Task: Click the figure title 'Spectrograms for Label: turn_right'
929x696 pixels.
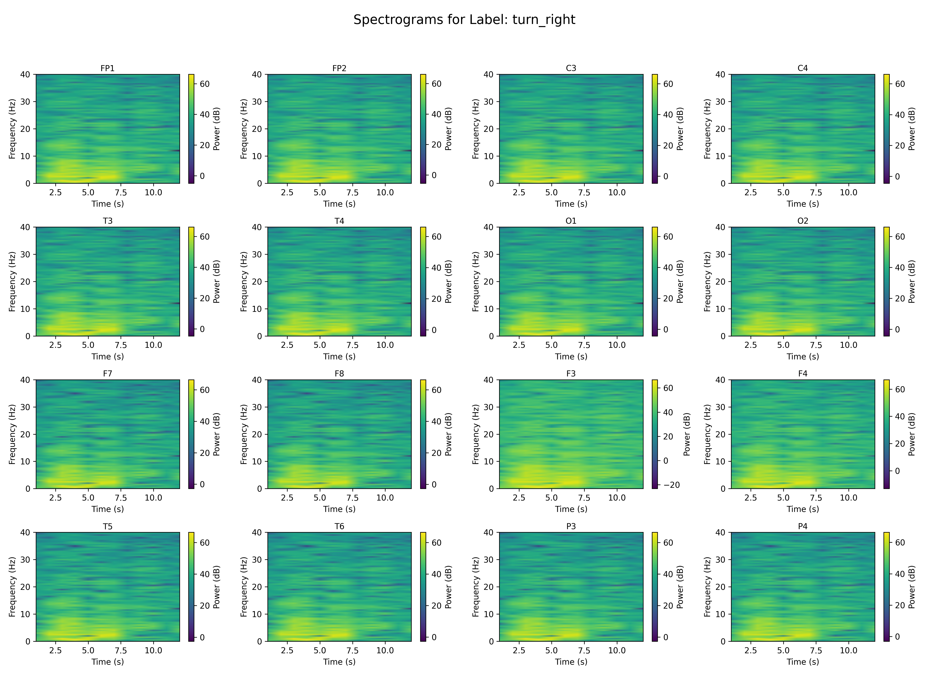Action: [x=464, y=20]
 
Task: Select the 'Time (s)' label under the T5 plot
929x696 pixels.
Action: [x=108, y=662]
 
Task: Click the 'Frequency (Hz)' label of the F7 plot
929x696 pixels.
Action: [x=12, y=434]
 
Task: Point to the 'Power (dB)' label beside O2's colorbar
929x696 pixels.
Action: [x=912, y=281]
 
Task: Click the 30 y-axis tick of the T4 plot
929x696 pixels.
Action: [x=257, y=254]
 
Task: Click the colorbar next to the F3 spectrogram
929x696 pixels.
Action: [x=655, y=434]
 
